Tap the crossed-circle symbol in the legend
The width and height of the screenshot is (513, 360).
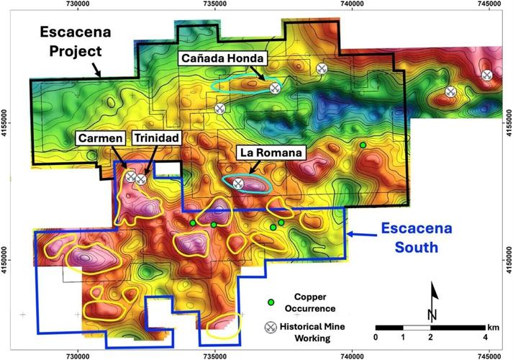pos(271,327)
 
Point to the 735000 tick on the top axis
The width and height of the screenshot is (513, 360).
pos(214,5)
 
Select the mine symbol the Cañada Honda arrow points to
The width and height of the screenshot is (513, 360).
pos(274,88)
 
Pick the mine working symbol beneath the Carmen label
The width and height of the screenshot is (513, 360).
pos(130,176)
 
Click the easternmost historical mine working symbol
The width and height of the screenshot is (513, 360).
pos(487,74)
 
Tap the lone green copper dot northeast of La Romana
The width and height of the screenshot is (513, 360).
pos(363,145)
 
